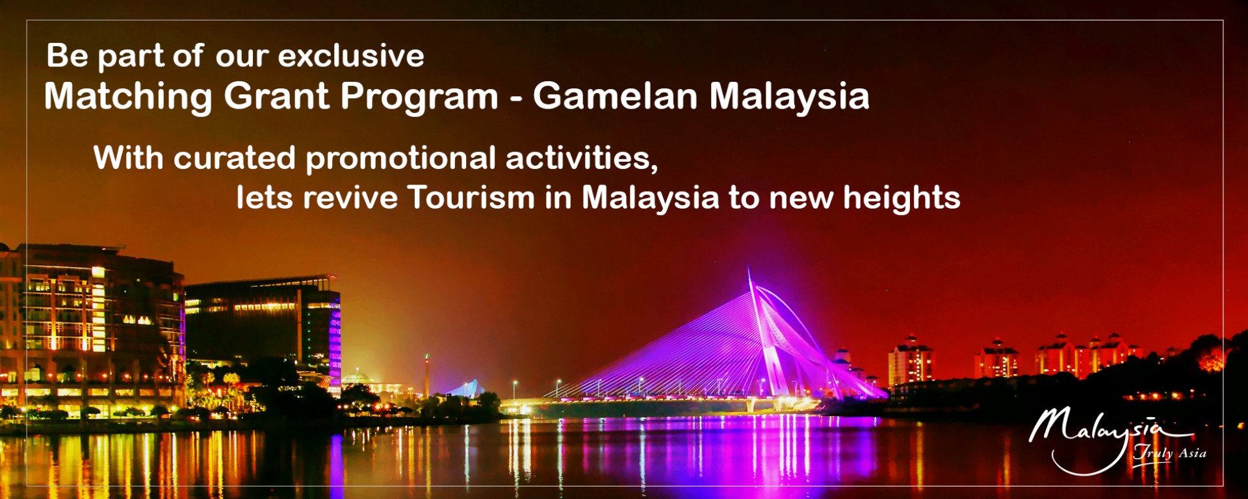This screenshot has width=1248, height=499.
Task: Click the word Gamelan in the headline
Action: [x=616, y=96]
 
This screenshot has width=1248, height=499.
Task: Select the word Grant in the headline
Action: [x=277, y=96]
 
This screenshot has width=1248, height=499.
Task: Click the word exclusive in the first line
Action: [x=351, y=56]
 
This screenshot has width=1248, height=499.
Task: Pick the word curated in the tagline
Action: [x=235, y=158]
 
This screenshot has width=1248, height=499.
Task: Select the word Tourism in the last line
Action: [x=471, y=198]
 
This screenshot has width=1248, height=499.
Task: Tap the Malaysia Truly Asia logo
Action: [x=1117, y=440]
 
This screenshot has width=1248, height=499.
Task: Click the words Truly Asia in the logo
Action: [x=1170, y=453]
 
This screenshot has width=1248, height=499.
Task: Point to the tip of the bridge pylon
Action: [x=748, y=267]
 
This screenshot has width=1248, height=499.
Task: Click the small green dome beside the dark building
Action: [x=357, y=377]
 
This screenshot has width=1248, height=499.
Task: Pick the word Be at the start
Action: [x=67, y=56]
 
